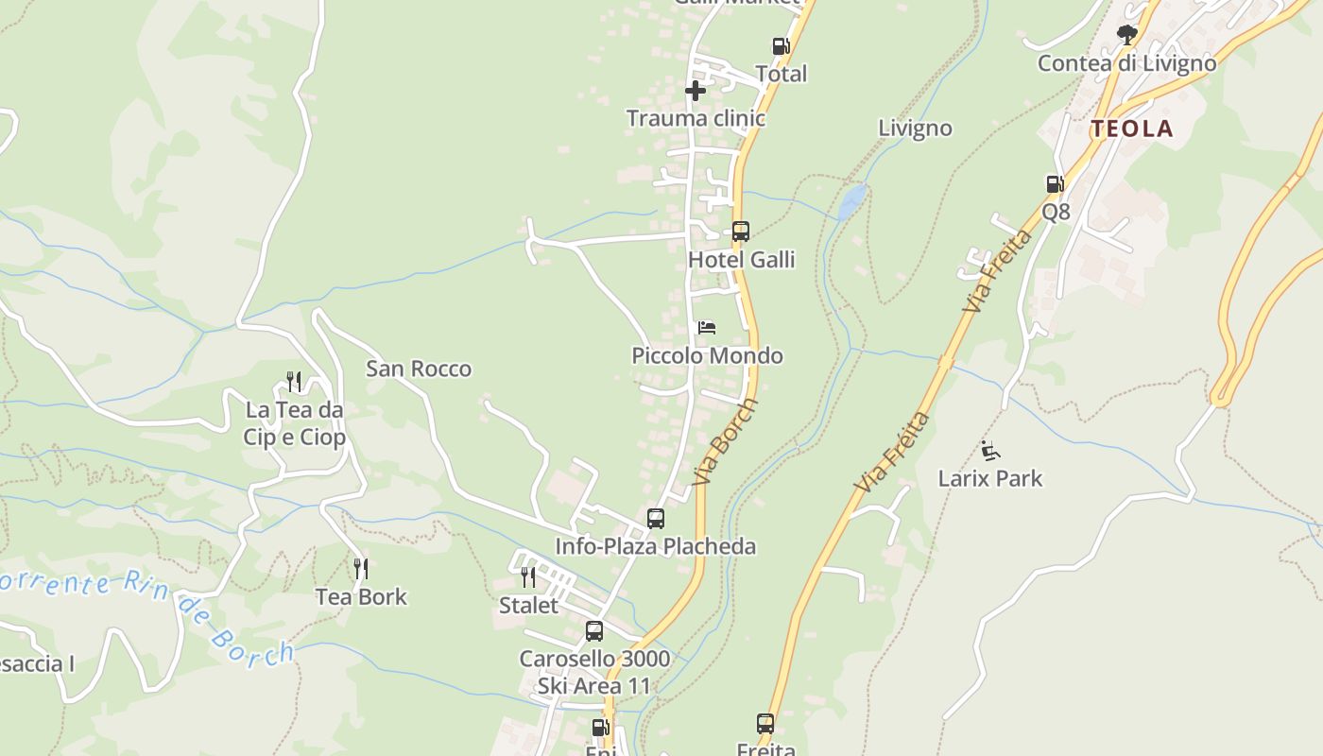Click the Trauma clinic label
[x=696, y=119]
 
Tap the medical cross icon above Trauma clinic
[x=696, y=91]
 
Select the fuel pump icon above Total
[x=781, y=46]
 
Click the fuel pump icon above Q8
[x=1055, y=184]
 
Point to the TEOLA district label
[x=1131, y=129]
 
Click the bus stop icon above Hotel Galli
[x=740, y=232]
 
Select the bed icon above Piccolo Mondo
[x=707, y=328]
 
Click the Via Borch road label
[x=725, y=442]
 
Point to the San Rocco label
[x=419, y=369]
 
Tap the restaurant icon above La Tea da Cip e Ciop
[x=294, y=382]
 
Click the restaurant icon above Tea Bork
[x=360, y=569]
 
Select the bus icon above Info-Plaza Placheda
[x=655, y=519]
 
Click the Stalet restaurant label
[x=529, y=605]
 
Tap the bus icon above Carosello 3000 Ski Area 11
[x=593, y=631]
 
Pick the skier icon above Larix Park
[x=989, y=451]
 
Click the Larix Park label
[x=990, y=478]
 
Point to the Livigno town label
[x=915, y=129]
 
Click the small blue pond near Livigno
[x=852, y=200]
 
